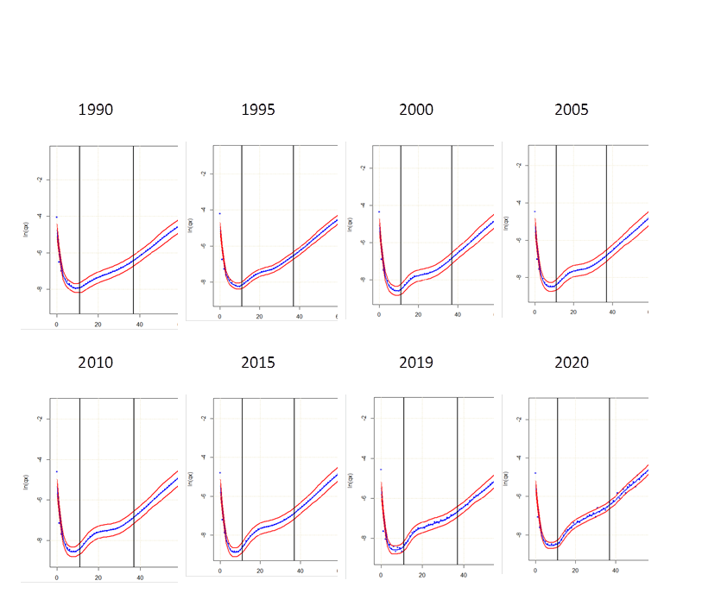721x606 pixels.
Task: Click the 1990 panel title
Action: click(95, 110)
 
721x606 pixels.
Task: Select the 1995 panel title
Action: click(258, 110)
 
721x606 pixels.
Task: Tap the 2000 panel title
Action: click(416, 110)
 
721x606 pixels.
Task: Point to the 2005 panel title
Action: click(572, 110)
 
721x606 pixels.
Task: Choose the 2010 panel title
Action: click(95, 362)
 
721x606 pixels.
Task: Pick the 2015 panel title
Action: click(258, 362)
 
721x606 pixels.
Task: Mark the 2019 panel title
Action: click(416, 362)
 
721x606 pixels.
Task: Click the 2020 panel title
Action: click(572, 362)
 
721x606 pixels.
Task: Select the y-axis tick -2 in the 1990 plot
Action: click(38, 180)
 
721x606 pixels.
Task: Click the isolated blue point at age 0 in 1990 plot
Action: click(57, 217)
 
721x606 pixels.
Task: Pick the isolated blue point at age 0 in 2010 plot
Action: click(57, 471)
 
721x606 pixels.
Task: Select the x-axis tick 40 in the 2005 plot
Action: click(612, 312)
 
